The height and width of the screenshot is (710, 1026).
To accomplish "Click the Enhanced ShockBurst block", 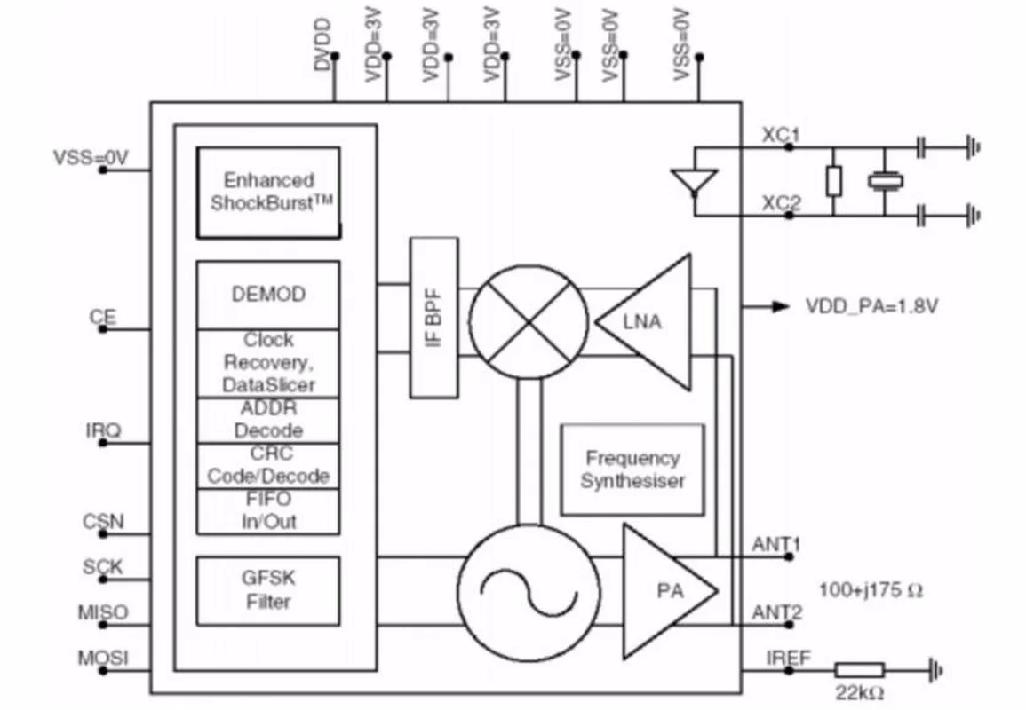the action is [268, 193].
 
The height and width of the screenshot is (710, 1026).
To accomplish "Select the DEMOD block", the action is [268, 295].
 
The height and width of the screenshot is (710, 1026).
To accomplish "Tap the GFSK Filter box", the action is [268, 591].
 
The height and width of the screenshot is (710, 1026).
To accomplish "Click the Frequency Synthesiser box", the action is [632, 470].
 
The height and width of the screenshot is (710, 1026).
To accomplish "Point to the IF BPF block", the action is [433, 318].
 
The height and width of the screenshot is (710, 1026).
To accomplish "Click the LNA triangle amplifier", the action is [643, 322].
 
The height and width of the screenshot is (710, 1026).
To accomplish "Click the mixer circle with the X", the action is [528, 321].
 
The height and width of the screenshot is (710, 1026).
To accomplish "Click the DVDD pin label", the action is [322, 45].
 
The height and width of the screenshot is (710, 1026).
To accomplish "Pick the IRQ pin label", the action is [103, 430].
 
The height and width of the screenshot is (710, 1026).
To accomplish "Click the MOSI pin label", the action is [103, 658].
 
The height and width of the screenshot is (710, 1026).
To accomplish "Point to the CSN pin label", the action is [103, 522].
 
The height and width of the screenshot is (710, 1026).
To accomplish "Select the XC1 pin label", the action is [781, 135].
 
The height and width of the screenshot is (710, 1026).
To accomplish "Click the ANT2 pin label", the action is [776, 612].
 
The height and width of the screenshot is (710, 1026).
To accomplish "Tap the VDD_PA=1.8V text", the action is [871, 306].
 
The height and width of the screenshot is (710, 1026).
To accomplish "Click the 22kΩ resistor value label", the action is [860, 693].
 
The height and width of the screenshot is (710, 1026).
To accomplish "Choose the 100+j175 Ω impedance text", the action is [871, 590].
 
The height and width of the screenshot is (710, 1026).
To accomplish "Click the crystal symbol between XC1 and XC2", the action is [886, 181].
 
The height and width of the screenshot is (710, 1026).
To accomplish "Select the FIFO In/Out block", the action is [268, 510].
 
